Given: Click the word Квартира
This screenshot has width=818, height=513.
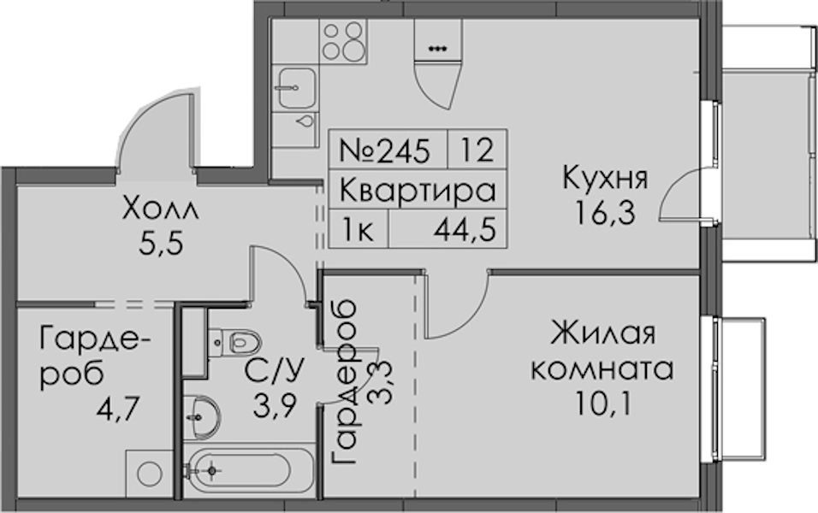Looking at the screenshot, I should [x=418, y=190].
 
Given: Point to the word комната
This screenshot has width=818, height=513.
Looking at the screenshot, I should [x=602, y=370].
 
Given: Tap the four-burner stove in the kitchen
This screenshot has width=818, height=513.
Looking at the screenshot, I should [x=341, y=39].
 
